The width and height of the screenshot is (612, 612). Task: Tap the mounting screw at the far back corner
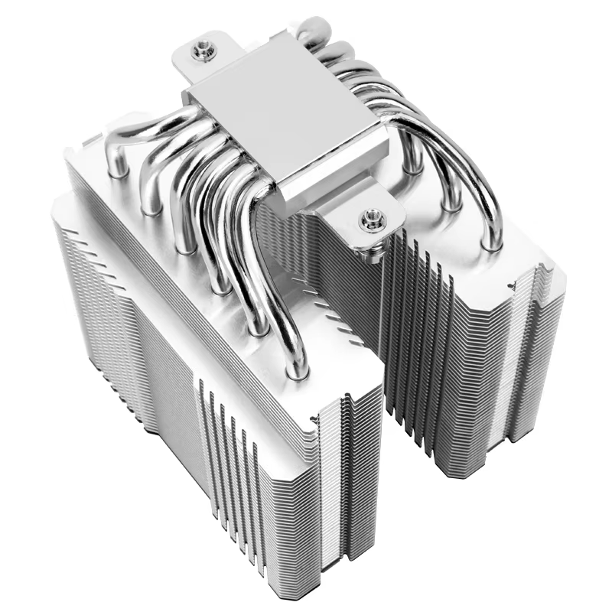click(204, 48)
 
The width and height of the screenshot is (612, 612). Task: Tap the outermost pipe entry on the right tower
click(490, 243)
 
